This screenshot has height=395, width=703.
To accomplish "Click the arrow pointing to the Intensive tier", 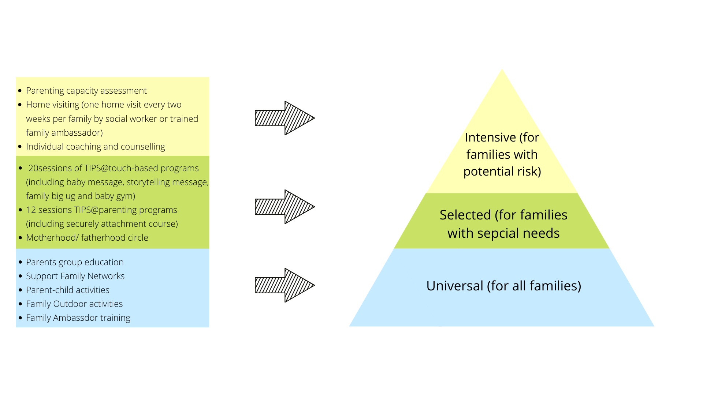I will click(284, 118).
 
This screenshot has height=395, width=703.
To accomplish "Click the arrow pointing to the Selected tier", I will click(284, 207).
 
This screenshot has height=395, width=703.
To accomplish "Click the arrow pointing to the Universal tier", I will click(284, 285).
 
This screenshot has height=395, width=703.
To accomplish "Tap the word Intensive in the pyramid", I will click(490, 138).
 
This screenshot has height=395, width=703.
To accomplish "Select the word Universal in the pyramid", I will click(454, 286).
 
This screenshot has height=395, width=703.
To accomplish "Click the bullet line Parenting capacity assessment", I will click(86, 91).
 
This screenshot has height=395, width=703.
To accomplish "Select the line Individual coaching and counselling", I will click(95, 147).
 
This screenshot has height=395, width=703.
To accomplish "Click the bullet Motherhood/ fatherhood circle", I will click(87, 238).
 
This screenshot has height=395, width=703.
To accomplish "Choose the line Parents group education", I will click(75, 262).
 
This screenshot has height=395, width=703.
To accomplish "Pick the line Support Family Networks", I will click(75, 276).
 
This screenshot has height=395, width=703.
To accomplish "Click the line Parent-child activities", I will click(67, 290).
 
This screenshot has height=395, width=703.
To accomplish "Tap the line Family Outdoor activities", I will click(74, 304).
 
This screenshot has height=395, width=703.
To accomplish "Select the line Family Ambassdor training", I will click(78, 318).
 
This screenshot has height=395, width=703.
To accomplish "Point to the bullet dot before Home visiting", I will click(20, 105).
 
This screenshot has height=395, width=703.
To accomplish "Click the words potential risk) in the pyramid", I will click(502, 172).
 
